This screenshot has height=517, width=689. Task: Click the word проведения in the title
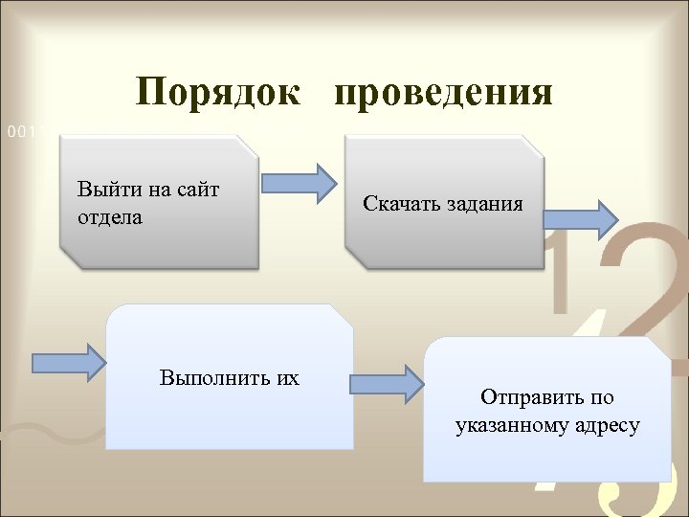[x=444, y=93]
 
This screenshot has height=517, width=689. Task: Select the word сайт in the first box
[x=197, y=190]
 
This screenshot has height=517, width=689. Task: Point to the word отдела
[x=109, y=217]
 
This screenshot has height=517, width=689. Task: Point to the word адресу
[x=607, y=425]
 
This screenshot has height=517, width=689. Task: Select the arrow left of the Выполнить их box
[x=69, y=362]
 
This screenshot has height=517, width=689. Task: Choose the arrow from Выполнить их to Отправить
[x=386, y=384]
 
